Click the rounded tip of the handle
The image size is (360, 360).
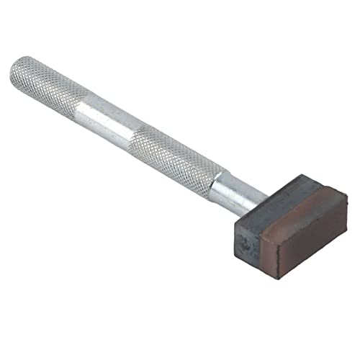click(x=16, y=70)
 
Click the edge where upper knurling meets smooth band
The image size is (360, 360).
click(x=78, y=104)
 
